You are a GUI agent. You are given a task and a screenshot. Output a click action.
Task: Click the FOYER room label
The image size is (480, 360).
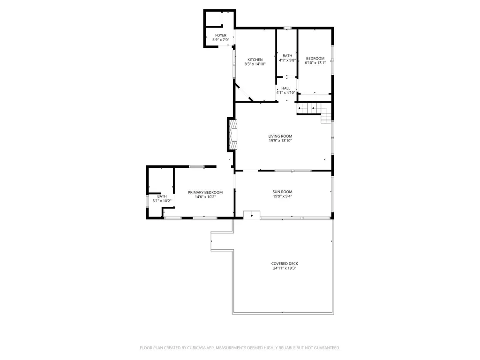pos(221,35)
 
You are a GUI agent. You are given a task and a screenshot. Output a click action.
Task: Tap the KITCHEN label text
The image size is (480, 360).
pos(255,60)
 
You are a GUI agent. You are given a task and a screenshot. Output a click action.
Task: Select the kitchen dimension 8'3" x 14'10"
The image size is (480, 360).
pos(255,64)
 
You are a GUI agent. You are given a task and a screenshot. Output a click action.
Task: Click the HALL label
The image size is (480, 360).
pos(285,88)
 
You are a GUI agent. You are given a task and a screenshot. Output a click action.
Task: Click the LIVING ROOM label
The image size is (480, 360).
pos(280,136)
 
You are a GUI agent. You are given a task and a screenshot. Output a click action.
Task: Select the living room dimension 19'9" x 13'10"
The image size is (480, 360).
pos(280,141)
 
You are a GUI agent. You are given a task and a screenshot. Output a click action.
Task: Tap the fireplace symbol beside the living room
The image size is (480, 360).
pos(232,135)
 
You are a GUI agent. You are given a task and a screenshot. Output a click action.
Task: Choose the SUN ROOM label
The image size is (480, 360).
pos(282,192)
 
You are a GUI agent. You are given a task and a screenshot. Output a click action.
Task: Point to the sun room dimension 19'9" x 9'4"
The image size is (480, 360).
pos(282,196)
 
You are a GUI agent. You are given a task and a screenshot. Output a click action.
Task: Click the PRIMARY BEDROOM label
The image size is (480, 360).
pos(205,193)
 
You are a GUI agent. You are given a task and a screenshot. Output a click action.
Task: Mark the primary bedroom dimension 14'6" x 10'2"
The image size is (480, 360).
pos(205,197)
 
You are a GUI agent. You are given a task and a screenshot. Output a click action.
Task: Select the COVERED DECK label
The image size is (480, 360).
pos(285,263)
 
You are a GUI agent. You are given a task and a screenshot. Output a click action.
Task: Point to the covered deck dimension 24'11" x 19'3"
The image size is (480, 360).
pos(285,268)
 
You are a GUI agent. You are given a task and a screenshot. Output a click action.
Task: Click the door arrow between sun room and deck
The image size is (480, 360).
pos(252,216)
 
